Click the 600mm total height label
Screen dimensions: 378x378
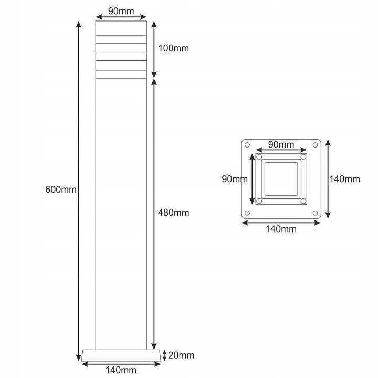click(61, 190)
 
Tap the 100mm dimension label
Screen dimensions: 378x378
click(173, 48)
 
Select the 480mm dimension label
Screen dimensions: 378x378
click(173, 213)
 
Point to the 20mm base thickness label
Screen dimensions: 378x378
click(181, 355)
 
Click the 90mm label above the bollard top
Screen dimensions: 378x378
click(121, 11)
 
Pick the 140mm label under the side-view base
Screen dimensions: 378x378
click(121, 370)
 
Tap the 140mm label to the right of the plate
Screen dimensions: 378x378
click(344, 179)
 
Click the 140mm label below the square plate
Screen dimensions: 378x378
click(281, 229)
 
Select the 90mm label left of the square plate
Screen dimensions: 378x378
click(235, 179)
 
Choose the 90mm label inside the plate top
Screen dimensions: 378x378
click(281, 145)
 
